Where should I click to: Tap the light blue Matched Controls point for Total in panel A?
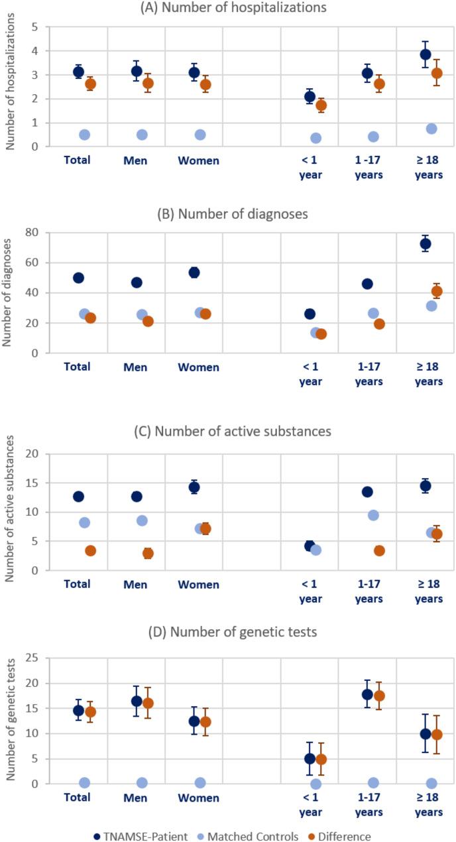click(x=84, y=135)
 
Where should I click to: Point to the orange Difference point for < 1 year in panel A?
click(x=321, y=105)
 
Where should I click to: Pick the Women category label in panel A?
click(x=199, y=160)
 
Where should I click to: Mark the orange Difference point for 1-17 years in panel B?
click(x=379, y=324)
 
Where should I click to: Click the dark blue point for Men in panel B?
click(x=137, y=282)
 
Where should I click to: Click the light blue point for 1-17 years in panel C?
click(x=373, y=515)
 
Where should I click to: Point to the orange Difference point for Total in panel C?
click(x=90, y=550)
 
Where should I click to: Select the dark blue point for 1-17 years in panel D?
click(x=367, y=694)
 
